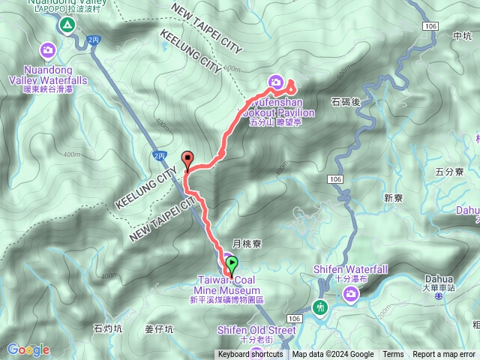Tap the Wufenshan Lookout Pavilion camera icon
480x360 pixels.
[x=275, y=82]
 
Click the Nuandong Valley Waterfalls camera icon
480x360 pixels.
[x=49, y=50]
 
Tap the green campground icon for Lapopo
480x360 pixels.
[x=67, y=25]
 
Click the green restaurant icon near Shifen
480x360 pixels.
[x=321, y=307]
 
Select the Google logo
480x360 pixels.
[x=28, y=349]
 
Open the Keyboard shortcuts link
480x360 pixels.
[x=250, y=355]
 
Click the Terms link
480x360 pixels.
[x=393, y=355]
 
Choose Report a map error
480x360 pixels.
[x=444, y=355]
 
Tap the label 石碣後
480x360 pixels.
[x=346, y=100]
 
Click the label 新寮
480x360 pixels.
[x=394, y=198]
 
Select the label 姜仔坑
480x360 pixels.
[x=159, y=328]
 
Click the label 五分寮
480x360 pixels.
[x=450, y=172]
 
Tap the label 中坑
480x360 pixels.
[x=463, y=35]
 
